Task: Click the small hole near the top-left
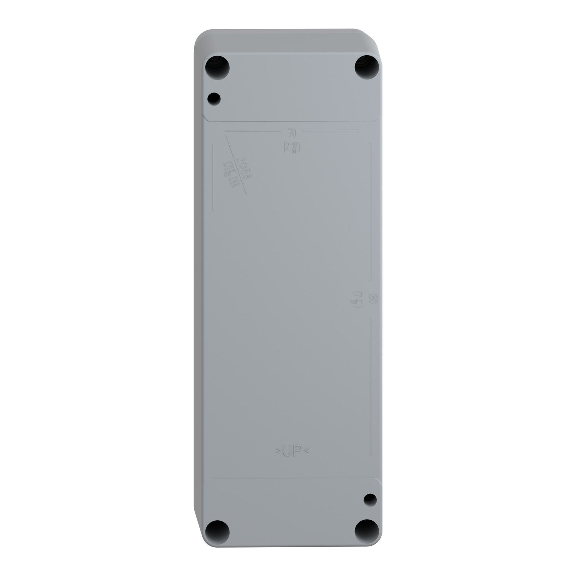(x=214, y=99)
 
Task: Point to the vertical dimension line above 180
(x=369, y=211)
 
